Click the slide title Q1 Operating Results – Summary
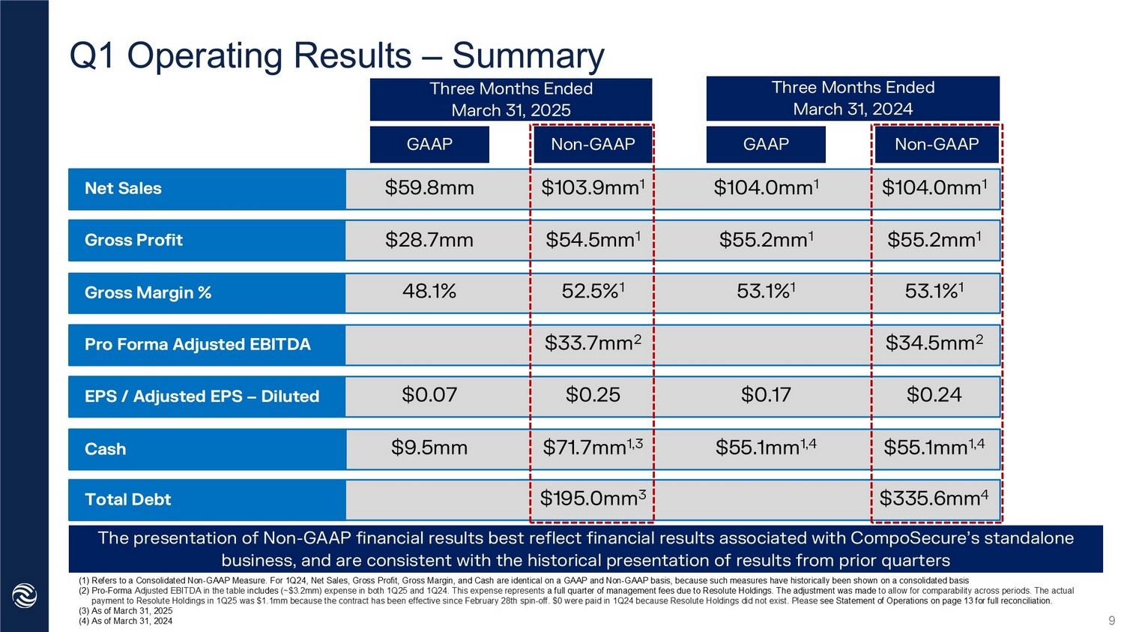click(336, 56)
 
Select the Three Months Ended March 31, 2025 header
click(510, 100)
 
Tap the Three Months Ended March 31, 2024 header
click(853, 98)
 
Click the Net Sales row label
click(124, 189)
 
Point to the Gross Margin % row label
click(148, 293)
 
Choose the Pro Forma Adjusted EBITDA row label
click(198, 345)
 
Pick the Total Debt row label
click(128, 500)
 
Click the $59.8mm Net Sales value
click(429, 188)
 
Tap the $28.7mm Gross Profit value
click(429, 240)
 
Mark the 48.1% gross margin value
click(429, 292)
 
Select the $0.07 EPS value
click(429, 395)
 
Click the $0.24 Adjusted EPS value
click(934, 395)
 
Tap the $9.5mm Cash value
click(429, 448)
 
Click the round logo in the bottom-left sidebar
click(25, 596)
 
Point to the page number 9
click(1111, 621)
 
